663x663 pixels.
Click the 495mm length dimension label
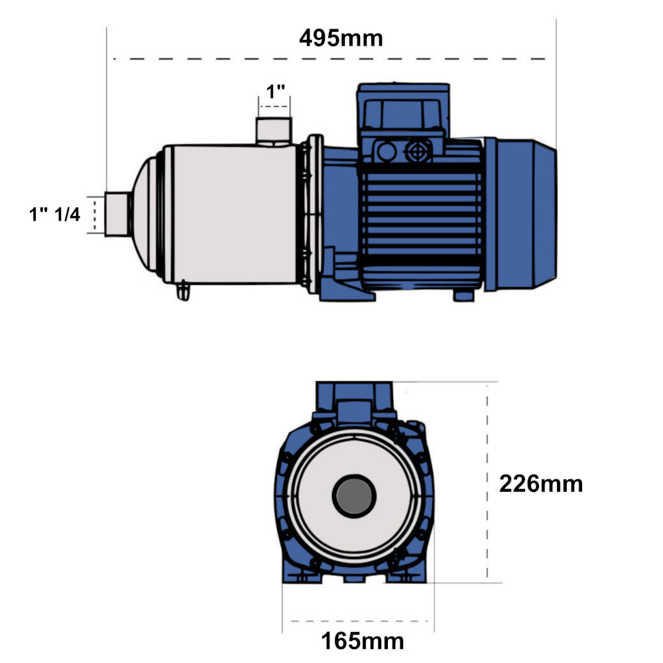click(341, 38)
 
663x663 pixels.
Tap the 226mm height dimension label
click(541, 484)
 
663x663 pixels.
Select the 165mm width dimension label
click(363, 641)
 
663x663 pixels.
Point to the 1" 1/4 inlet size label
click(54, 214)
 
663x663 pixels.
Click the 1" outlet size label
click(275, 91)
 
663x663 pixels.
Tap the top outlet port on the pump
click(274, 131)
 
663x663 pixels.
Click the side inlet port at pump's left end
click(117, 214)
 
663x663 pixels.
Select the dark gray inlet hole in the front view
click(354, 496)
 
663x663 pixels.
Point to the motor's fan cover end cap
click(521, 214)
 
